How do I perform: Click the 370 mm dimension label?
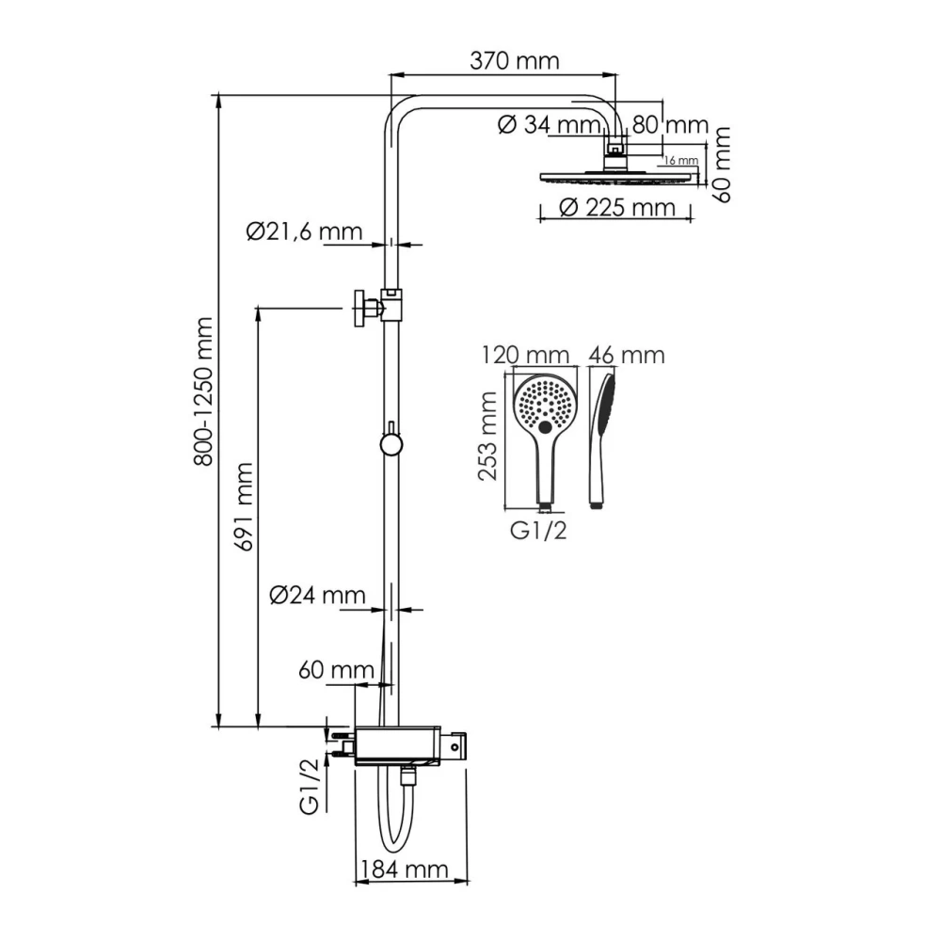click(x=514, y=62)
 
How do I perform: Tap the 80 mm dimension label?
click(x=670, y=124)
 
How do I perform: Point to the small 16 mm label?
click(x=680, y=160)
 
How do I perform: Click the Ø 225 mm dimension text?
click(x=617, y=208)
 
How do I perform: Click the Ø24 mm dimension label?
click(x=317, y=595)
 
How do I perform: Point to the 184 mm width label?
click(x=411, y=869)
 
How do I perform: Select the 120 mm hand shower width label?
click(x=525, y=355)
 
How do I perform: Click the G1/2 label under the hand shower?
click(x=538, y=531)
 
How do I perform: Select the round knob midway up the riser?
click(x=390, y=444)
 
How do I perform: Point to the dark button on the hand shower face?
click(x=546, y=428)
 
